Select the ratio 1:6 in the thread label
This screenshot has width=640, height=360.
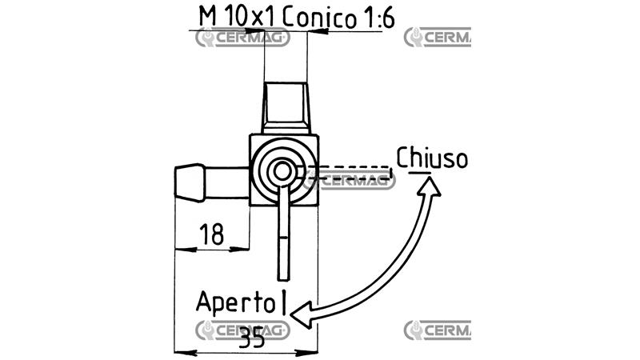pyautogui.click(x=375, y=17)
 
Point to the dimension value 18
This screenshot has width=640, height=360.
pyautogui.click(x=211, y=234)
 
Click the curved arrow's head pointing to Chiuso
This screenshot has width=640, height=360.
pyautogui.click(x=430, y=185)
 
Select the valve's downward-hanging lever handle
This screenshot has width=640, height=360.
pyautogui.click(x=284, y=240)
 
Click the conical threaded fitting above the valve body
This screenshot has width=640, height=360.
pyautogui.click(x=285, y=108)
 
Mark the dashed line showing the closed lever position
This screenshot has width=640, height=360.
pyautogui.click(x=356, y=170)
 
